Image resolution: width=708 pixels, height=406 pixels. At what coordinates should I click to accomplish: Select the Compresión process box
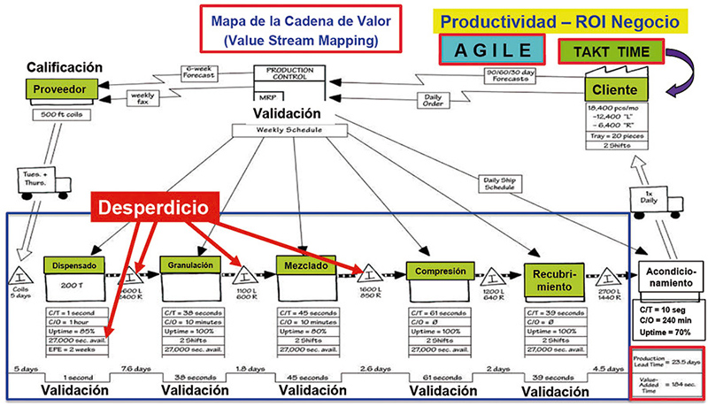[x=435, y=269]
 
